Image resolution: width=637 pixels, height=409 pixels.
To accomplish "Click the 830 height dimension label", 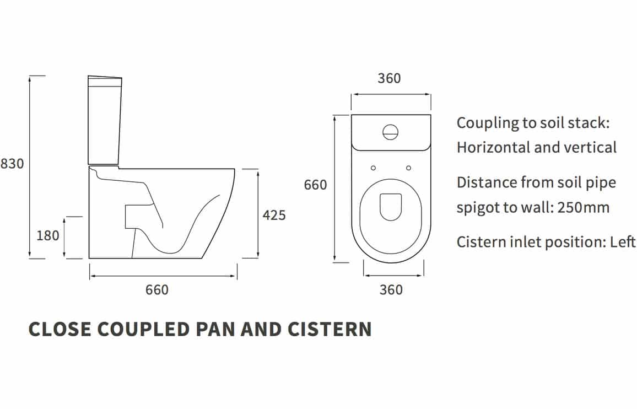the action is coord(12,164).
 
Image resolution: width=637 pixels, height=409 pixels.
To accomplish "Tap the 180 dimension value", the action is coord(48,236).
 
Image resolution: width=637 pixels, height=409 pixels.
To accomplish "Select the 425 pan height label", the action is coord(274,215).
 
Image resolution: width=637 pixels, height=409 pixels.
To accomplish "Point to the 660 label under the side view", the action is coord(157,290).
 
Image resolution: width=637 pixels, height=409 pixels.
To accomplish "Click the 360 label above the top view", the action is coord(389,78).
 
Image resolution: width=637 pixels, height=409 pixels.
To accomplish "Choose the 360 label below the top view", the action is coord(391,290).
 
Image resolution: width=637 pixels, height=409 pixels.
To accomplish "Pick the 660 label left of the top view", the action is coord(315,185).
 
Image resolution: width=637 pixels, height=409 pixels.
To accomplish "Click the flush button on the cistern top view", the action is coord(390,132).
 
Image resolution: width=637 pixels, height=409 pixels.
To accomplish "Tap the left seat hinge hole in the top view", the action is coord(374,168).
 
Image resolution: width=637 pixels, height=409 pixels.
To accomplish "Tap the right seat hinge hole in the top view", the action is coord(409,168).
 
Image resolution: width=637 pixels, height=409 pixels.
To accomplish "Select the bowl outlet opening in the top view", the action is coord(391,207).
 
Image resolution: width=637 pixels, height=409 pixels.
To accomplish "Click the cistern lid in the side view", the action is coord(105,82).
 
